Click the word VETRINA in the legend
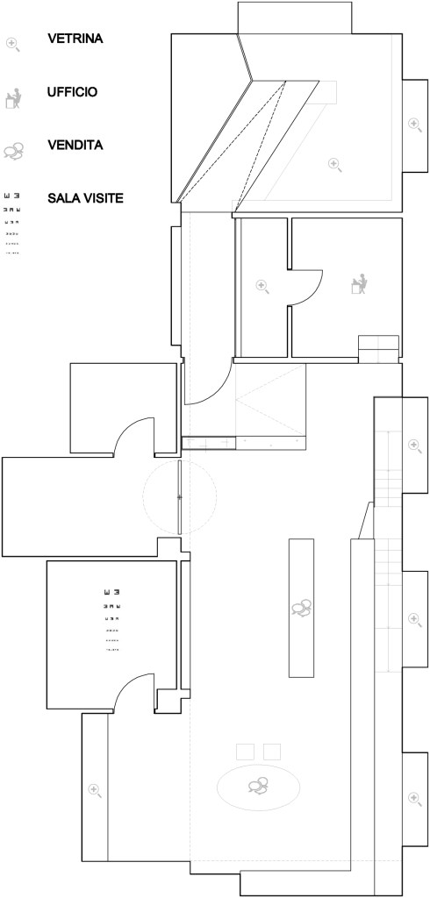tap(75, 39)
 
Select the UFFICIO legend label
tap(72, 91)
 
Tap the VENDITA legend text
tap(75, 145)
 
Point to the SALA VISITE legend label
tap(85, 199)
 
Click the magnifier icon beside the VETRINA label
tap(12, 44)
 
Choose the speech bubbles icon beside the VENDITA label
tap(14, 151)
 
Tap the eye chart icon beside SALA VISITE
tap(12, 223)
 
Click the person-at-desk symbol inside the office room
tap(360, 284)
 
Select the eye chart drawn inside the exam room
tap(111, 620)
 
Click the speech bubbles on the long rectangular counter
tap(301, 608)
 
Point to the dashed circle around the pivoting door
tap(180, 461)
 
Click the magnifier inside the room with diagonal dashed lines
tap(335, 165)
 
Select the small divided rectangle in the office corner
tap(378, 349)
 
